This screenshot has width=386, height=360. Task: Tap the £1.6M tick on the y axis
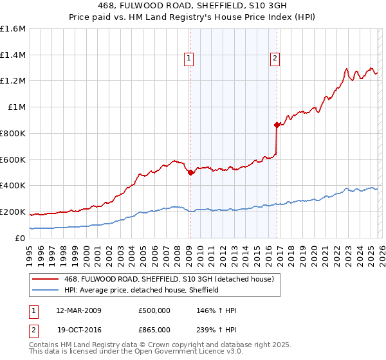tap(13, 29)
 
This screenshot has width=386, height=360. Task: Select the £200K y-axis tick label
tap(13, 212)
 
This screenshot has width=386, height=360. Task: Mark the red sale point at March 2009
tap(190, 172)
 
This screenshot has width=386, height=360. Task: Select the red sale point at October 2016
tap(277, 125)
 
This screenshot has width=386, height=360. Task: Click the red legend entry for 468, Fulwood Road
tap(170, 279)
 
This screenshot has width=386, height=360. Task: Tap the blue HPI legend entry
tap(142, 290)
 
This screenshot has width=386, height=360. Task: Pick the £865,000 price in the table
tap(154, 329)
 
